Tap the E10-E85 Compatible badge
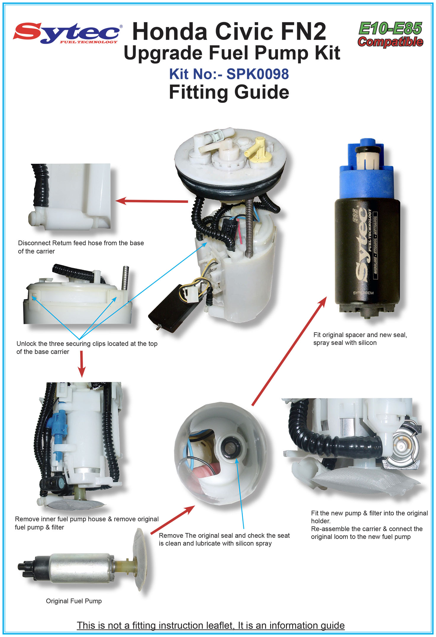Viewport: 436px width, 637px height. (390, 34)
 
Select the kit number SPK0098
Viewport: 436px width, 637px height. (257, 74)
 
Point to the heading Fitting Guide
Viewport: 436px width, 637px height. (229, 92)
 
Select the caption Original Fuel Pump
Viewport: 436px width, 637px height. (74, 601)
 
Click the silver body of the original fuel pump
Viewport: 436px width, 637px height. (81, 568)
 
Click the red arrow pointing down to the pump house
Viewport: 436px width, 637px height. (82, 364)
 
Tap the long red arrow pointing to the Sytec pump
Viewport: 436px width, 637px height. (289, 351)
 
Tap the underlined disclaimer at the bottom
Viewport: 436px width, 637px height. (211, 626)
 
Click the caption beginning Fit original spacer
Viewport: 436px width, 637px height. (360, 339)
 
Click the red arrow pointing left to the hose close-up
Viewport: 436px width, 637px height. (152, 201)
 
